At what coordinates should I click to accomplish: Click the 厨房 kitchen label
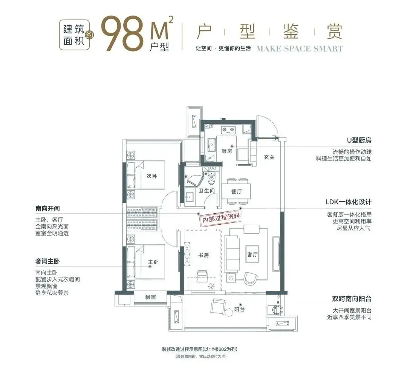226,151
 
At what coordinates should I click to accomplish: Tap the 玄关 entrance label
269,157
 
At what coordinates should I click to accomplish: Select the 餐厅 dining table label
236,192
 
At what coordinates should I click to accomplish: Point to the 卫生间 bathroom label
207,191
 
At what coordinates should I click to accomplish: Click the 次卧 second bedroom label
151,176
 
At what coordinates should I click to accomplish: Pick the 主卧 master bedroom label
153,262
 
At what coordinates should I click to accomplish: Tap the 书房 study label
203,255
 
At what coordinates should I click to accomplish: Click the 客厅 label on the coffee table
252,254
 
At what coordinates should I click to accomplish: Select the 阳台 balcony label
239,309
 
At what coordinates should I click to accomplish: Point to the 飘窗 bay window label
150,297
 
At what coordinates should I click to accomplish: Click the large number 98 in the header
122,34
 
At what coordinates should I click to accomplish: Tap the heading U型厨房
359,140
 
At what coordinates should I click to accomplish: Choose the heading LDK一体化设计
348,202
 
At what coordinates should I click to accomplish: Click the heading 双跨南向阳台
352,299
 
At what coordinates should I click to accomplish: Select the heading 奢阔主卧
47,261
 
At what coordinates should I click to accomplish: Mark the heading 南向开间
47,208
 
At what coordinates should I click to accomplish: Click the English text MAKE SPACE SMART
300,49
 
